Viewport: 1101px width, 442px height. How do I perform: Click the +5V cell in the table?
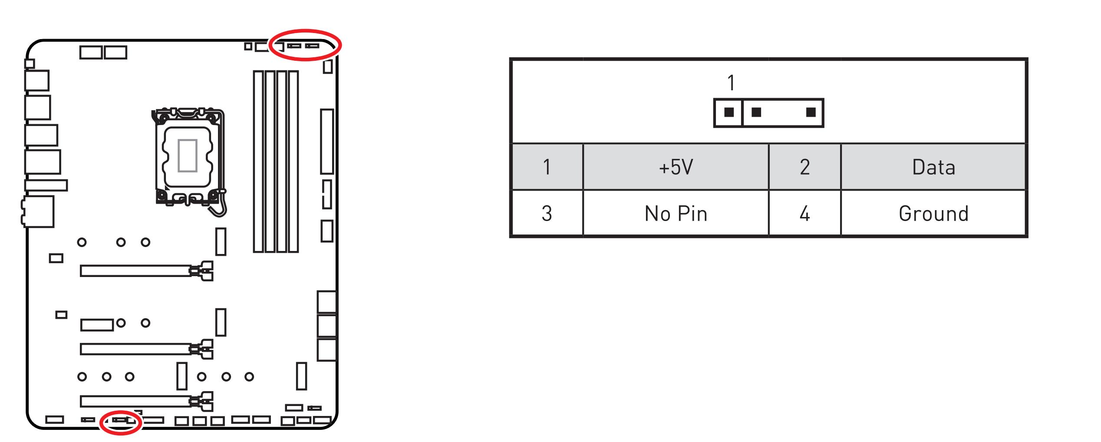point(676,167)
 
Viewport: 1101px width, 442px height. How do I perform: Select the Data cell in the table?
point(933,167)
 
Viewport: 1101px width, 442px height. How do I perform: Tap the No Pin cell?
point(676,214)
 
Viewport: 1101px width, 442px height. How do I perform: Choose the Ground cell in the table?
point(933,214)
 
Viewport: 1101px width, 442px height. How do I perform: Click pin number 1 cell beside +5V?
point(547,167)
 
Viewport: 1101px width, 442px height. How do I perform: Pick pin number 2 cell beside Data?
point(804,167)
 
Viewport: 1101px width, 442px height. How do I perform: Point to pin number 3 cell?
point(547,214)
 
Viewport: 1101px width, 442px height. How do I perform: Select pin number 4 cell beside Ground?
point(804,214)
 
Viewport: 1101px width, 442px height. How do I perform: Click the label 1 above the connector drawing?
point(731,83)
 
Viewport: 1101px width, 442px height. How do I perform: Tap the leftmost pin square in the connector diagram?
point(729,112)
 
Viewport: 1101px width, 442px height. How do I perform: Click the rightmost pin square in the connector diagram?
point(811,112)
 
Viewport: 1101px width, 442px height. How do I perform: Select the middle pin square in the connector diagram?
point(756,112)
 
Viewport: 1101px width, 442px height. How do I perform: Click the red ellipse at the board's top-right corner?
point(305,31)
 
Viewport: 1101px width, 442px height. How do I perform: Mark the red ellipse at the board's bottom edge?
point(121,432)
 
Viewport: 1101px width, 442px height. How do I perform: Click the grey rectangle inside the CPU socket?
point(188,155)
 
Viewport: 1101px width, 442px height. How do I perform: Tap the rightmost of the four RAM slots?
point(293,162)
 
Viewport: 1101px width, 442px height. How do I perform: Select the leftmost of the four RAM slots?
point(258,162)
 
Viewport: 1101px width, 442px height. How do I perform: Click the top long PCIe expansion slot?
point(135,271)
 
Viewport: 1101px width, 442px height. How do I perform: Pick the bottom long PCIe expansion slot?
point(135,401)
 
